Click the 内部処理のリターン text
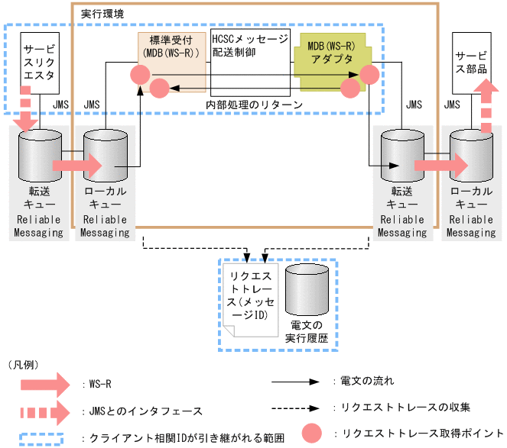[x=254, y=105]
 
